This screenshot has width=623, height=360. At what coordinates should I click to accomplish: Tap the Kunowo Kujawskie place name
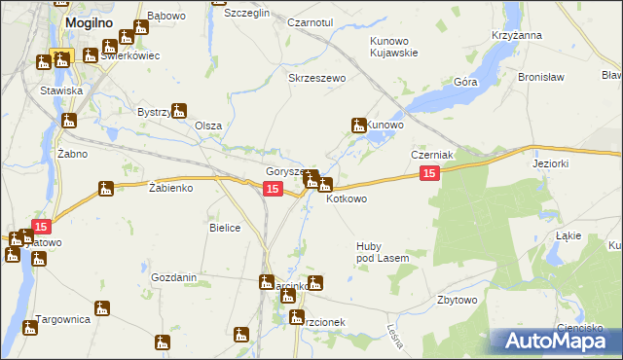tap(392, 47)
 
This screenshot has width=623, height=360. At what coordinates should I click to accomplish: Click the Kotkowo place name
tap(347, 199)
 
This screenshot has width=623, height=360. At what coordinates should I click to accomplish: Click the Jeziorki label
tap(551, 164)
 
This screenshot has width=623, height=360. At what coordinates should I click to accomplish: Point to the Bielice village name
tap(225, 227)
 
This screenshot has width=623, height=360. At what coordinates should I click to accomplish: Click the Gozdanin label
tap(174, 277)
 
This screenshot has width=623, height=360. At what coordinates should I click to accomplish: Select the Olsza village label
tap(208, 126)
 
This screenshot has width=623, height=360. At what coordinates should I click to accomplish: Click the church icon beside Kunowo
tap(358, 125)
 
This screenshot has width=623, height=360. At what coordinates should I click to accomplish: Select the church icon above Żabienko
tap(106, 189)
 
